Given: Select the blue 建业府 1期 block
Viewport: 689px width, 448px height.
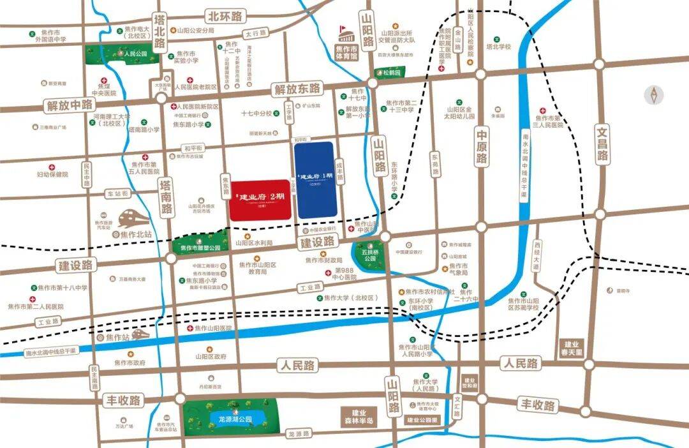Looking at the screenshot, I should tap(315, 179).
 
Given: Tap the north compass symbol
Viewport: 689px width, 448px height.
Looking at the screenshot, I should tap(653, 95).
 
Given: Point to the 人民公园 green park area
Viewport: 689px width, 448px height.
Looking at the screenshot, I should tap(122, 55).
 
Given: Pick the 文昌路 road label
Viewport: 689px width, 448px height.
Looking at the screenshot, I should tap(602, 143).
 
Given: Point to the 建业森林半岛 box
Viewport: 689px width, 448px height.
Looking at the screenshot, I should tap(360, 417).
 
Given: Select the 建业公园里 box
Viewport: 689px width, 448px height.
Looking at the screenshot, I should tap(422, 421).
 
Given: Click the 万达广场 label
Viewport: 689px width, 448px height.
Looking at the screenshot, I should tap(123, 425).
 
